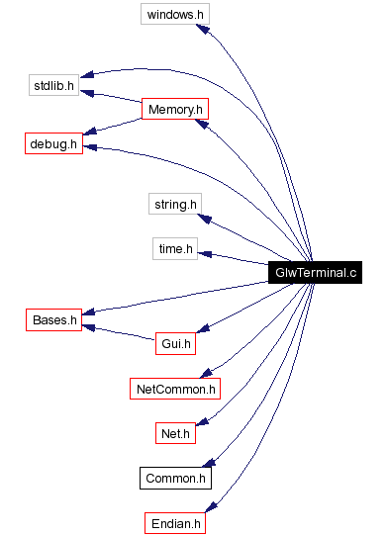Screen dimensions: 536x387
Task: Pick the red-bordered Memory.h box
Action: [x=173, y=109]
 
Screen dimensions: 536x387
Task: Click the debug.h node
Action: [x=53, y=144]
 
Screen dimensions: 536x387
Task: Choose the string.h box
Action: [x=175, y=205]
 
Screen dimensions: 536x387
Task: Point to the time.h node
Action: [x=176, y=248]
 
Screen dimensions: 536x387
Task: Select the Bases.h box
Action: [x=53, y=320]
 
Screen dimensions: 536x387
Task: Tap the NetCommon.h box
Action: [x=174, y=389]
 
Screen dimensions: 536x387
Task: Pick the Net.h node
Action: [x=174, y=433]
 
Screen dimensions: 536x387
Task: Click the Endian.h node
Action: [x=174, y=523]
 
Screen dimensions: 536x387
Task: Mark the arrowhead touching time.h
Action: [x=206, y=253]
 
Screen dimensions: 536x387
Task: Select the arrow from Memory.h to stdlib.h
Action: [x=115, y=97]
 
